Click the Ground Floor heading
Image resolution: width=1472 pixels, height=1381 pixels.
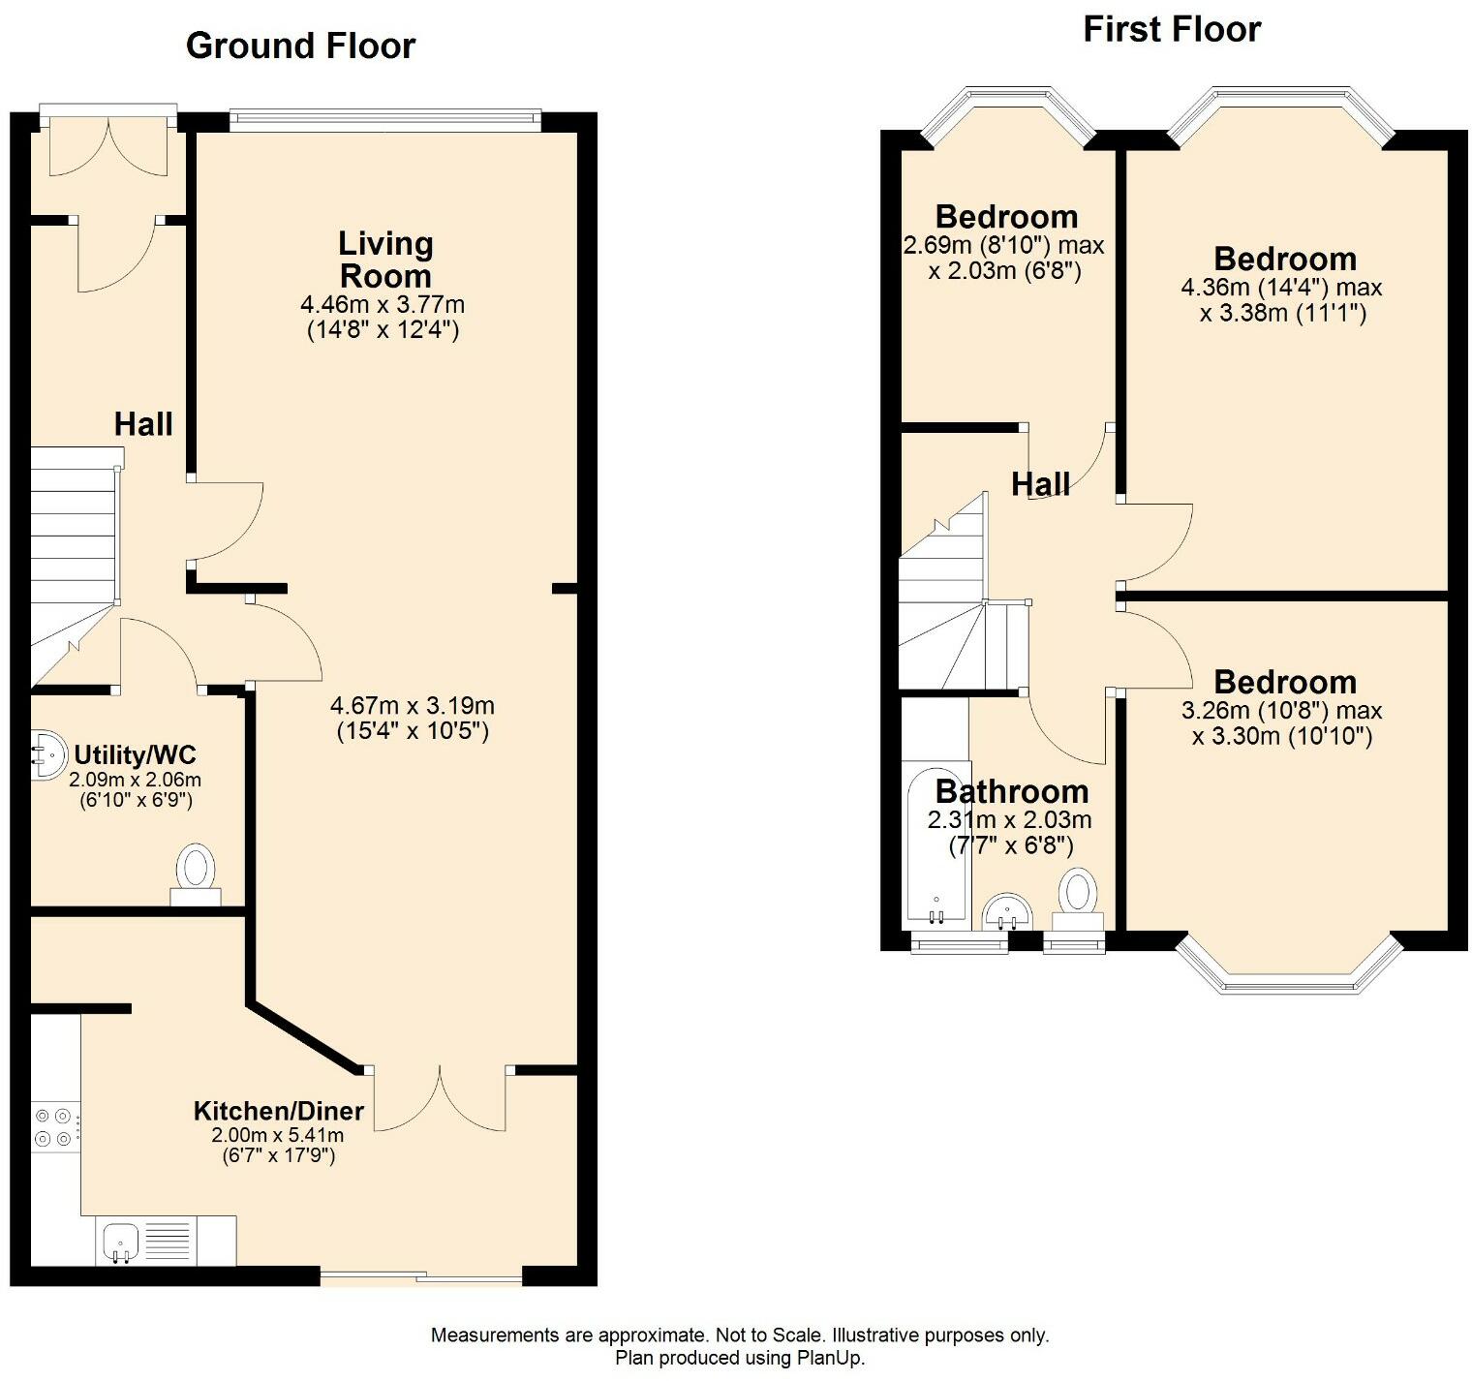click(x=300, y=46)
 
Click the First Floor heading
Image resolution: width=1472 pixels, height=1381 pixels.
click(x=1172, y=30)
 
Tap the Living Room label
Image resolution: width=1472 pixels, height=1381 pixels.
click(x=385, y=259)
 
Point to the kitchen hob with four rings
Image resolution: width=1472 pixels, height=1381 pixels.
click(x=55, y=1127)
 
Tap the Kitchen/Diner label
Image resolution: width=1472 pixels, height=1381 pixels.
click(x=279, y=1111)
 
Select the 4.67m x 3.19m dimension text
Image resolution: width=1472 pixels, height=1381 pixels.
click(x=413, y=705)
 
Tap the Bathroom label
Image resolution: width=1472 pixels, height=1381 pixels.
click(x=1012, y=791)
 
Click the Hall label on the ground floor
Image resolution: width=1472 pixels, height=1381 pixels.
click(x=143, y=423)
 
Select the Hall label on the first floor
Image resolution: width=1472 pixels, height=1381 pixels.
click(x=1041, y=483)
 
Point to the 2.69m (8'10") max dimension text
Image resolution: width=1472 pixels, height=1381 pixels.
click(x=1003, y=245)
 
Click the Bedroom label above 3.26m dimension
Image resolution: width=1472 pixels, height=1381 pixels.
click(x=1285, y=682)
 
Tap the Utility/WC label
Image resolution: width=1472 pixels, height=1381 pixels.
click(x=136, y=754)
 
